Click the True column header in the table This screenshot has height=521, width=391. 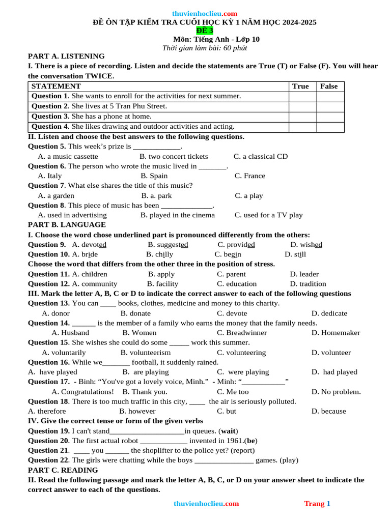[300, 86]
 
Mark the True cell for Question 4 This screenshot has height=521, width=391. [302, 127]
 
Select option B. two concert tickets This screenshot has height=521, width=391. [174, 156]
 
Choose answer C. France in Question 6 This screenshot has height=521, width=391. [249, 176]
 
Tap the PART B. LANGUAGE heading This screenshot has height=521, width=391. [67, 224]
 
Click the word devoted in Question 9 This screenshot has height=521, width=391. [94, 245]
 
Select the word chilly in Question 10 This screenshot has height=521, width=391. [164, 254]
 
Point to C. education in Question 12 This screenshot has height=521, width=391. [237, 284]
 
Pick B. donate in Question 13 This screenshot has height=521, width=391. [135, 313]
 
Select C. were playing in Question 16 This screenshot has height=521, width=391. [243, 372]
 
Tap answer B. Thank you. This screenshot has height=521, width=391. [145, 392]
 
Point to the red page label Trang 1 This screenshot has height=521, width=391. [317, 504]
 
